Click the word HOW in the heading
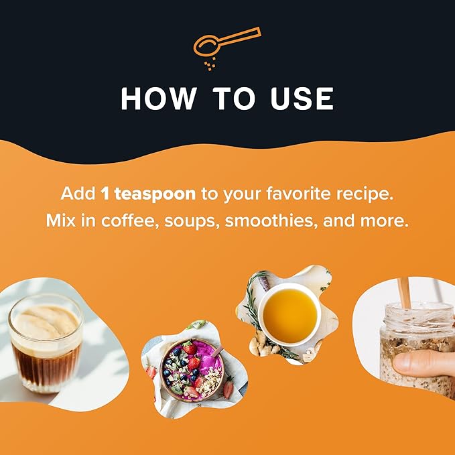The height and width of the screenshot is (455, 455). coord(158,99)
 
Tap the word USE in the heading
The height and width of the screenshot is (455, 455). coord(302,99)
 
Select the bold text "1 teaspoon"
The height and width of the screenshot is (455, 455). coord(148,194)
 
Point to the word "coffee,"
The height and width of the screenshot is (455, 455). coord(130,221)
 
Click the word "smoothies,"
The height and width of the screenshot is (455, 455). coord(271,221)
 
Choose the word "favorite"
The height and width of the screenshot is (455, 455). coord(298,193)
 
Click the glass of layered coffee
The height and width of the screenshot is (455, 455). coord(46,343)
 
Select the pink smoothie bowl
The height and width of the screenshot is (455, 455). coord(192,371)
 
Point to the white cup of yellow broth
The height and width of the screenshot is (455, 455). coord(289,314)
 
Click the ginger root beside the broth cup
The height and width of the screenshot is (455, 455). coord(261,345)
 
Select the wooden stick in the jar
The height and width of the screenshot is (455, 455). coord(404,294)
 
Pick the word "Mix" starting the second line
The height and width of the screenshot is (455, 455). coord(61,220)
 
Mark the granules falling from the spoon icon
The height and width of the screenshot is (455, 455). coord(210,64)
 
